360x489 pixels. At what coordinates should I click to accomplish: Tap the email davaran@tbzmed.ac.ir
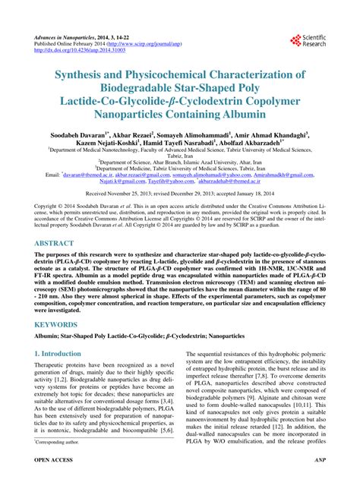tap(91, 175)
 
